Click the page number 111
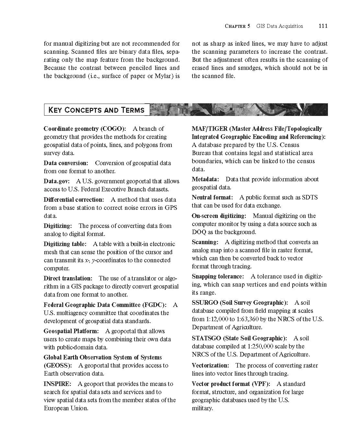[x=323, y=26]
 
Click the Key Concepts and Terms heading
[x=96, y=110]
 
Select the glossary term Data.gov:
[x=57, y=181]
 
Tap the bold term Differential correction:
[x=74, y=199]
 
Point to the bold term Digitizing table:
[x=65, y=244]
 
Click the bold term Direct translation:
[x=68, y=278]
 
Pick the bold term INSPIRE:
[x=57, y=384]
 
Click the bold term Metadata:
[x=205, y=179]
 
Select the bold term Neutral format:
[x=212, y=197]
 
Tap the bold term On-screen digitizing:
[x=219, y=216]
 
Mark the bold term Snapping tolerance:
[x=218, y=276]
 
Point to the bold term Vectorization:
[x=210, y=365]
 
